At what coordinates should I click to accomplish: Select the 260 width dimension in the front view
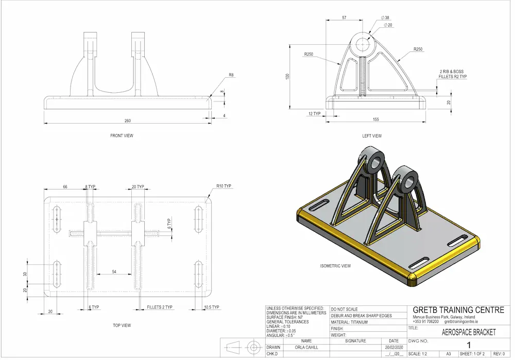coord(127,121)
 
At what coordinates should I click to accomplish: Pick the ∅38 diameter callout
coord(385,18)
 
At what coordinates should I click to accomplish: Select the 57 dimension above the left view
coord(344,18)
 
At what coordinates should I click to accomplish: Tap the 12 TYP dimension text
coord(314,113)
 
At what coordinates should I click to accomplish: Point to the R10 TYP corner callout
coord(224,186)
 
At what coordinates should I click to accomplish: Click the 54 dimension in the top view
coord(114,271)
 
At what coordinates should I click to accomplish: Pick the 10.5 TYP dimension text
coord(212,307)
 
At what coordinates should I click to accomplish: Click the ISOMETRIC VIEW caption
coord(335,266)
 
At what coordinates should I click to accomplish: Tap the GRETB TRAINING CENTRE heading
coord(458,310)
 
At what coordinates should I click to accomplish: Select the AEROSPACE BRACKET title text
coord(469,333)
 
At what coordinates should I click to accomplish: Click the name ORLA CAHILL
coord(306,348)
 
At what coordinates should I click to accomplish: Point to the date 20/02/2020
coord(393,348)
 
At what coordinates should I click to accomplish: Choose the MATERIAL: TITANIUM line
coord(350,322)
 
